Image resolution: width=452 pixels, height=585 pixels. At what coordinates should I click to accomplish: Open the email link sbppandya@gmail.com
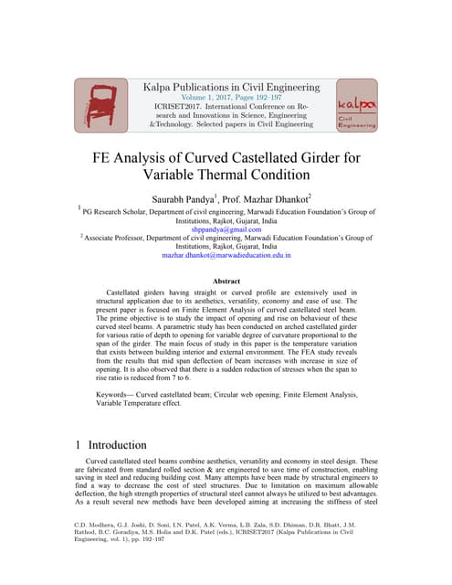(226, 229)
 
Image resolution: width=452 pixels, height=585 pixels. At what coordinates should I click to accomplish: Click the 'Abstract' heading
(226, 282)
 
